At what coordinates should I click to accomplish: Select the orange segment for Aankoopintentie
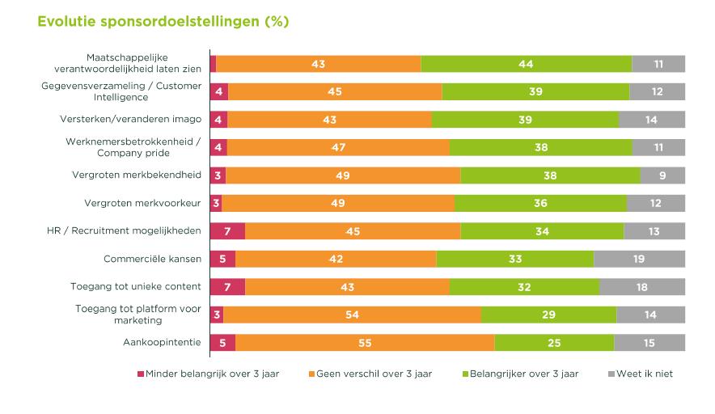pyautogui.click(x=365, y=343)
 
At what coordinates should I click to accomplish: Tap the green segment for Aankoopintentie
pyautogui.click(x=554, y=343)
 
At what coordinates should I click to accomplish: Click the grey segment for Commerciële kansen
pyautogui.click(x=640, y=259)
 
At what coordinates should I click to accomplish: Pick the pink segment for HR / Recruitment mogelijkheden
pyautogui.click(x=227, y=231)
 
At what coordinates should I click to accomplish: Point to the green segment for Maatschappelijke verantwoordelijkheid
pyautogui.click(x=526, y=64)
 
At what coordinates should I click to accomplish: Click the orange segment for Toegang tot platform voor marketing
pyautogui.click(x=352, y=315)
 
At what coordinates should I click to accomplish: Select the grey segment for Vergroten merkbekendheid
pyautogui.click(x=662, y=175)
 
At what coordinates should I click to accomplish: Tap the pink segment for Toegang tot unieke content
pyautogui.click(x=227, y=287)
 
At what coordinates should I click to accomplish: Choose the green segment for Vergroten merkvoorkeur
pyautogui.click(x=540, y=203)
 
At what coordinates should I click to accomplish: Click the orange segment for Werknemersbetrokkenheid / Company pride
pyautogui.click(x=338, y=147)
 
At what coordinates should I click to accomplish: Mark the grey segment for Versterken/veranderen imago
pyautogui.click(x=652, y=120)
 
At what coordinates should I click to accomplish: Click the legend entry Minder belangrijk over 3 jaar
pyautogui.click(x=208, y=374)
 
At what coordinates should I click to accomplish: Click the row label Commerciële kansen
pyautogui.click(x=152, y=259)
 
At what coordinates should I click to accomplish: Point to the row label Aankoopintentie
pyautogui.click(x=161, y=343)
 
